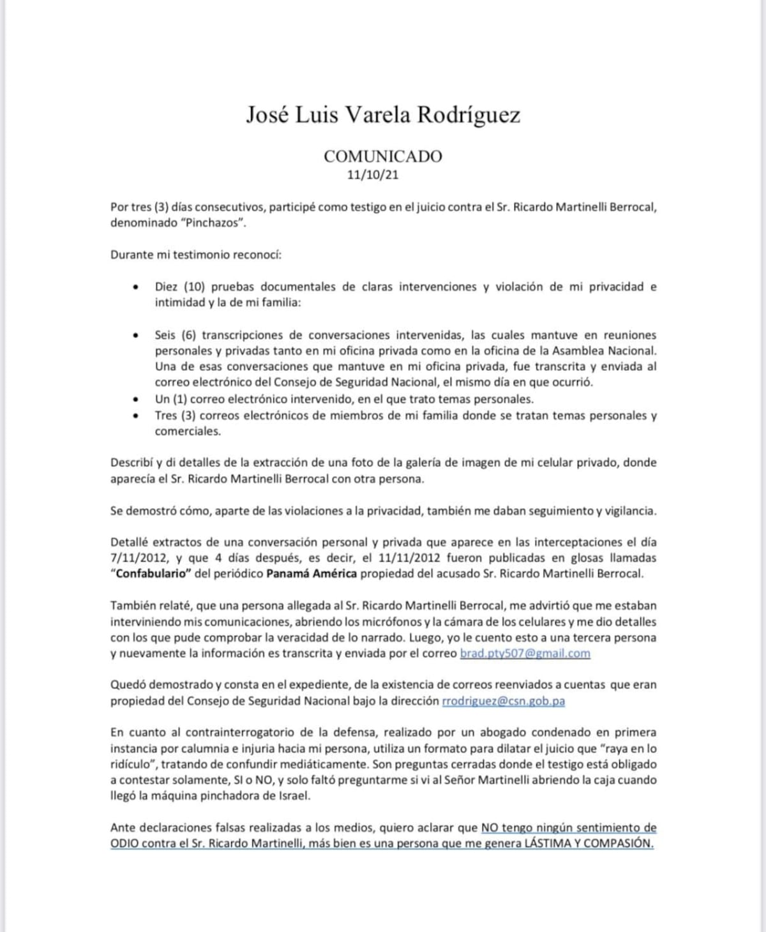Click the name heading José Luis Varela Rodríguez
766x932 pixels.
tap(383, 114)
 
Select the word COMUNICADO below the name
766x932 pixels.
tap(382, 156)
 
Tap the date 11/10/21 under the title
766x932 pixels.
tap(373, 174)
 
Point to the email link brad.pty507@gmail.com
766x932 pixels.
tap(525, 653)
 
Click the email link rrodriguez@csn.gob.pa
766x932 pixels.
tap(503, 700)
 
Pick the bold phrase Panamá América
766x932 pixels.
tap(312, 573)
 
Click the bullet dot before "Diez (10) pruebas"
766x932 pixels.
tap(135, 287)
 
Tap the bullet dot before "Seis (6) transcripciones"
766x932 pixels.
tap(135, 335)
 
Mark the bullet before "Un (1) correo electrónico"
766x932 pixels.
tap(135, 400)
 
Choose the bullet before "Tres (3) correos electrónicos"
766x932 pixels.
tap(135, 416)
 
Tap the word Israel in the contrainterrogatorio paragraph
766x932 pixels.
tap(293, 795)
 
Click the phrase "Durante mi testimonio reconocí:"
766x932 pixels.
tap(196, 255)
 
